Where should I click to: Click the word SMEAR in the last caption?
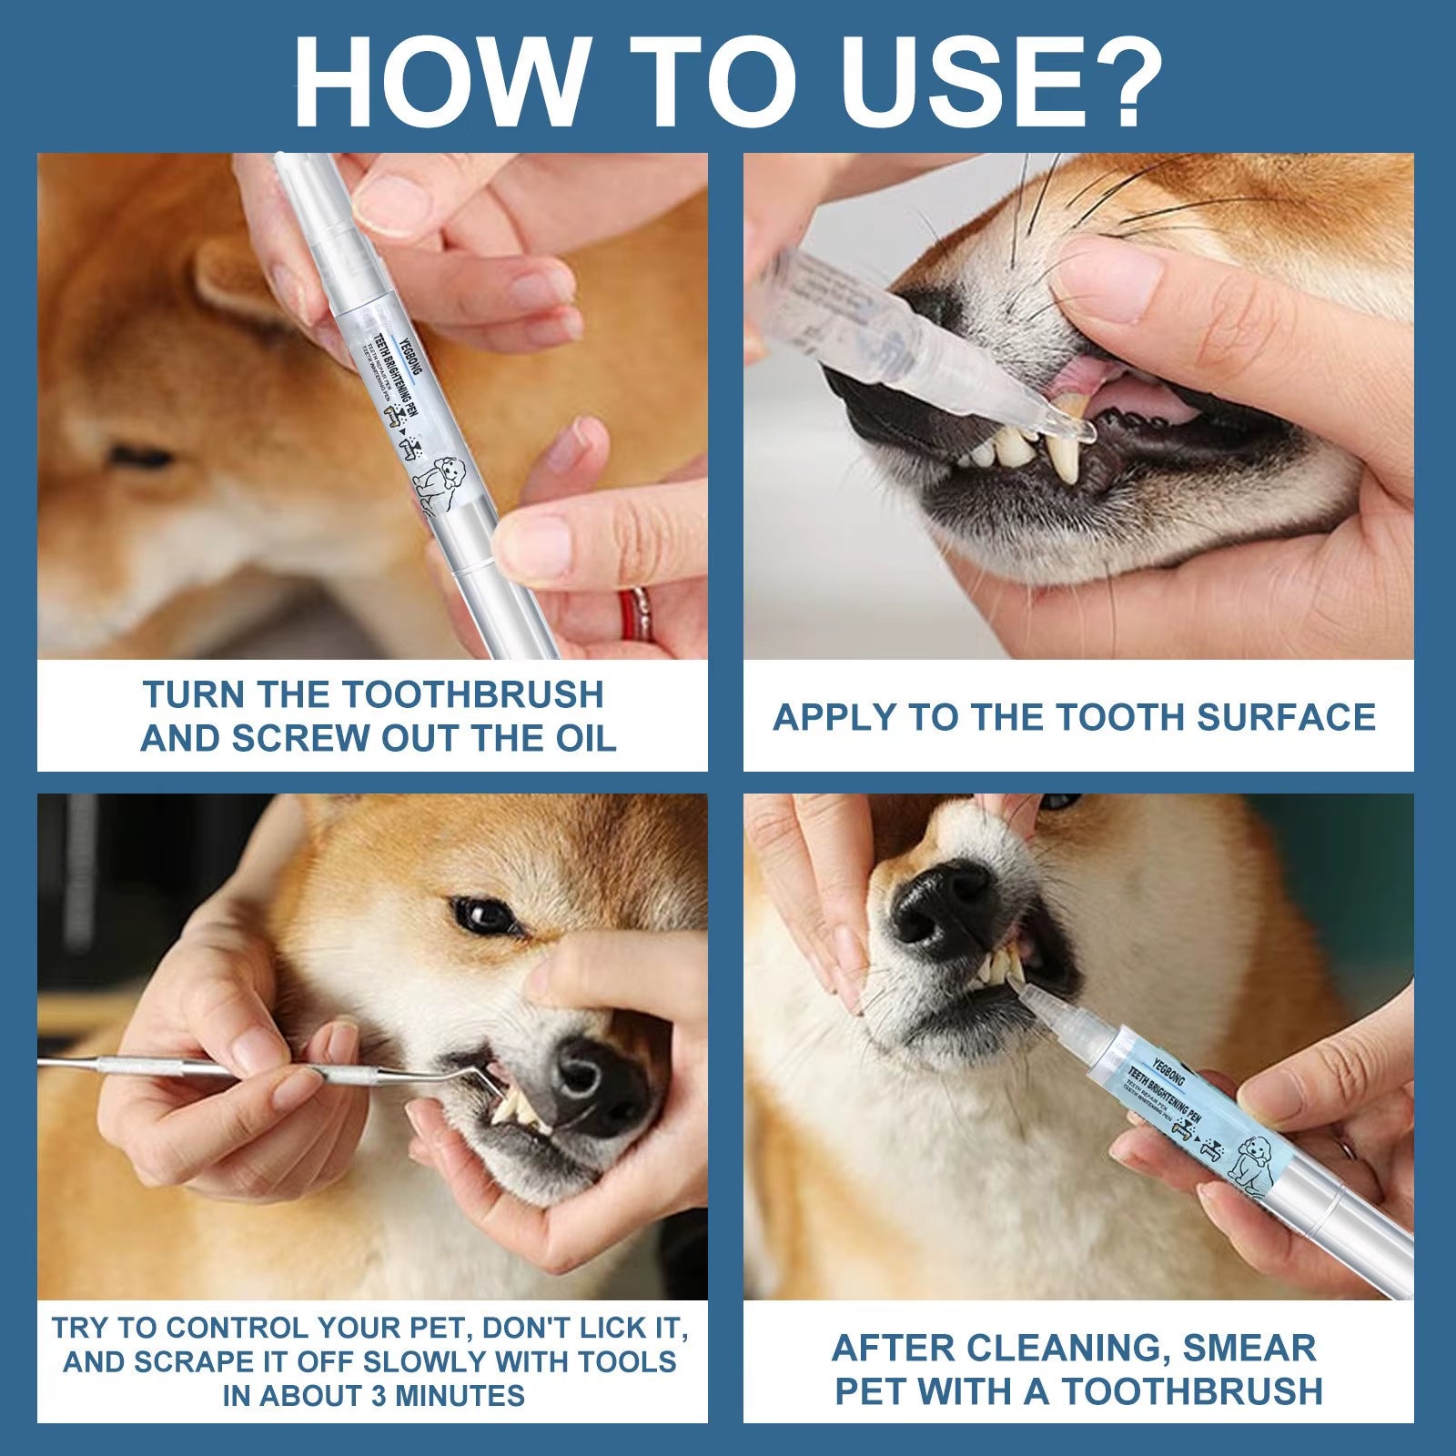tap(1249, 1348)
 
